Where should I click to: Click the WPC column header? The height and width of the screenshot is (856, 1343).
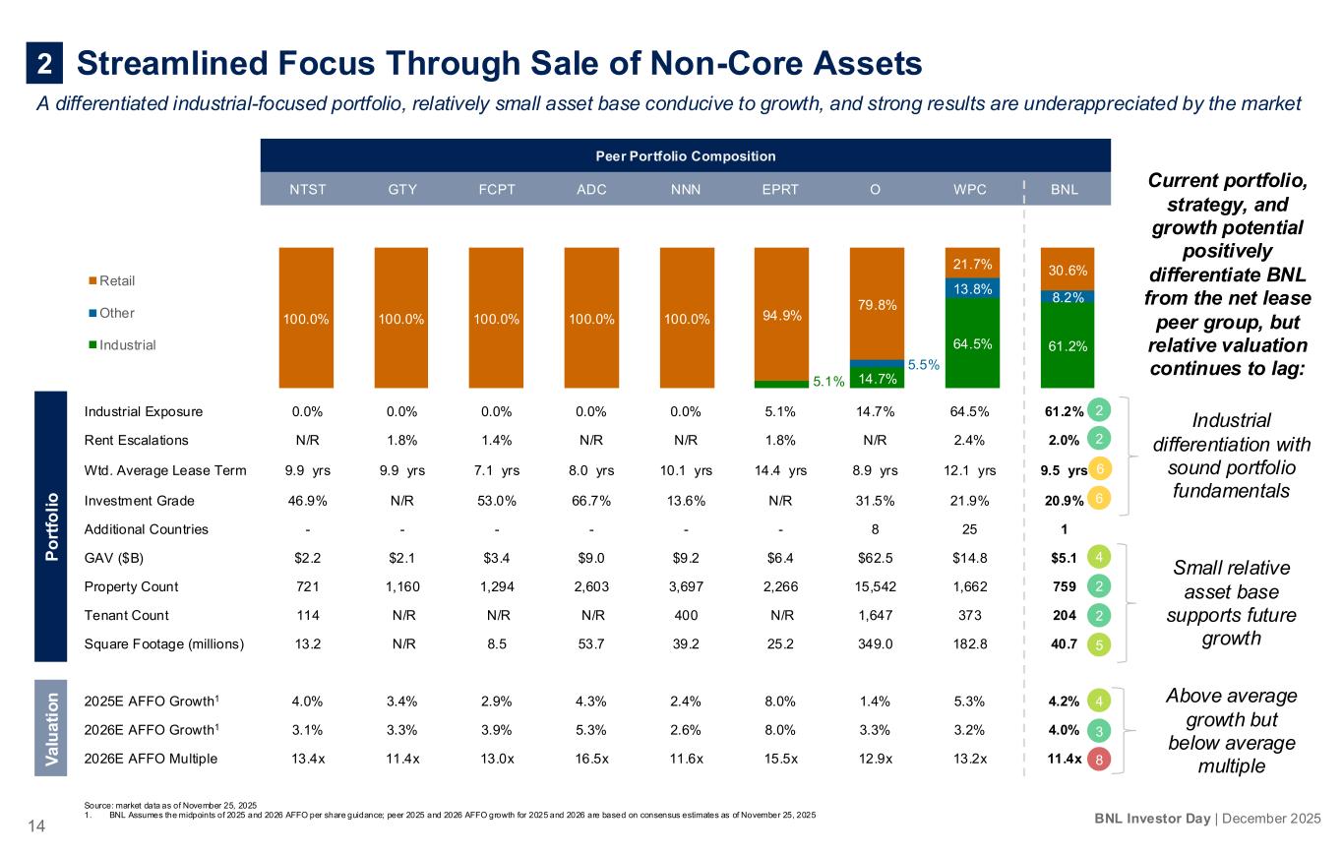coord(970,190)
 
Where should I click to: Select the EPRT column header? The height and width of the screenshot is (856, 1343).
coord(780,190)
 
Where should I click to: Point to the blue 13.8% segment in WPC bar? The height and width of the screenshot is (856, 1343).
coord(970,287)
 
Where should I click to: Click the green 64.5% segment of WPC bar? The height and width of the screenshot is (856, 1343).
coord(970,342)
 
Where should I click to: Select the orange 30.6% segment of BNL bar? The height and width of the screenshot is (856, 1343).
coord(1067,269)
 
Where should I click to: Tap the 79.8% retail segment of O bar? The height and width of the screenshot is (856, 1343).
coord(876,303)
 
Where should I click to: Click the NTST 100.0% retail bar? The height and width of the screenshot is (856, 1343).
coord(306,318)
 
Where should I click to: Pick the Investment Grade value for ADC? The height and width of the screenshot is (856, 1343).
coord(590,500)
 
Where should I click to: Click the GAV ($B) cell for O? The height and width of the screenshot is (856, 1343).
coord(875,558)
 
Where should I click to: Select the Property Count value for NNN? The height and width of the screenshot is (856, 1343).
coord(685,586)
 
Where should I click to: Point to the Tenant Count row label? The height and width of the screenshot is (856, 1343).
coord(127,615)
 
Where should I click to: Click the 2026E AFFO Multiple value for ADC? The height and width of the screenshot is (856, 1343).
coord(590,759)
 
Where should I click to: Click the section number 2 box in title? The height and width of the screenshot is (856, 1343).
coord(44,64)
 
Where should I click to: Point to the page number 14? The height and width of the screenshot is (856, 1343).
coord(36,828)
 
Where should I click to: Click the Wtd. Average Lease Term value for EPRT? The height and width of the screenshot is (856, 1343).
coord(780,470)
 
